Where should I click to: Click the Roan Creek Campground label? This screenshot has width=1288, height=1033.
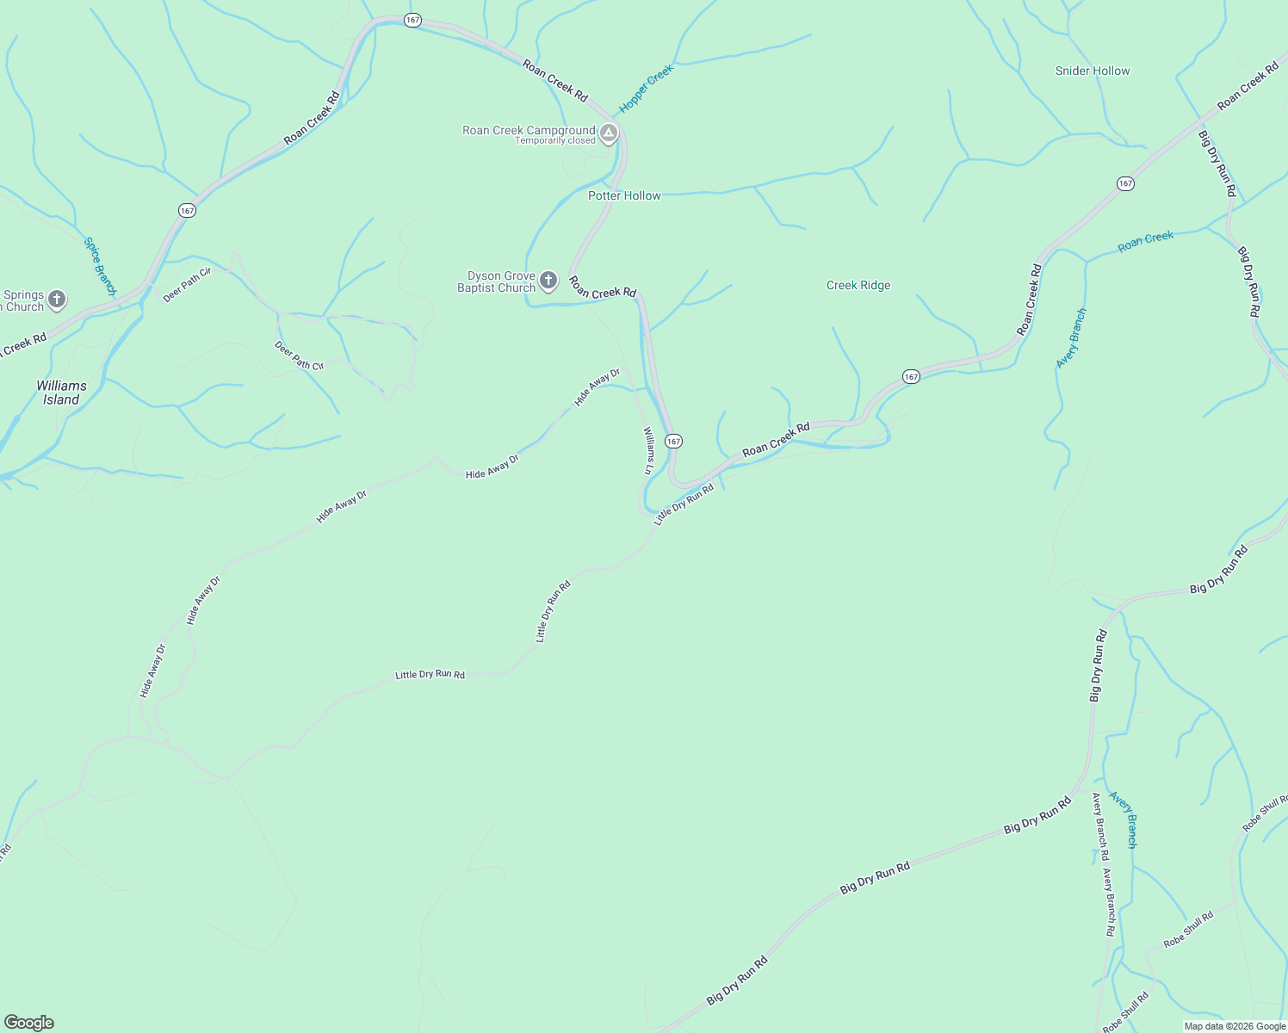tap(528, 131)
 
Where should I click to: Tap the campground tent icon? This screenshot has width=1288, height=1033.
tap(609, 133)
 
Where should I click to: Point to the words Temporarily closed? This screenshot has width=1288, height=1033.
tap(555, 141)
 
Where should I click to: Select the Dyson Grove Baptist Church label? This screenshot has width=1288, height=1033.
tap(496, 282)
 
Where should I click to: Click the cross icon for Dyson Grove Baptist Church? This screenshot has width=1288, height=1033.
tap(548, 281)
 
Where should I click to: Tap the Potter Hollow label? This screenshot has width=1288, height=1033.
tap(624, 196)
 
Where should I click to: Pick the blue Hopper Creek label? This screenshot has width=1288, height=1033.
tap(646, 90)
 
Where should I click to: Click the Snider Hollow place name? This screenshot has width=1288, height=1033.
tap(1093, 71)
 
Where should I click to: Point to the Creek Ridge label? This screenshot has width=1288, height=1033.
tap(858, 286)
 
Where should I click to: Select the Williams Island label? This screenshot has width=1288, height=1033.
tap(61, 393)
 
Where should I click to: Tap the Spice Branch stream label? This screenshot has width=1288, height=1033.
tap(99, 266)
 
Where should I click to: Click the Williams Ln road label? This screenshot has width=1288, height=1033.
tap(648, 450)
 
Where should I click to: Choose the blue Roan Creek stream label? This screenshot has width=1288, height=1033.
tap(1145, 242)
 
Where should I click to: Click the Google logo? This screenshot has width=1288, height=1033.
tap(28, 1023)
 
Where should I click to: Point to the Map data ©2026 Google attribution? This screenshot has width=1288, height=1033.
tap(1235, 1026)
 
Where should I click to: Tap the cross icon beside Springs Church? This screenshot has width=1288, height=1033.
tap(57, 300)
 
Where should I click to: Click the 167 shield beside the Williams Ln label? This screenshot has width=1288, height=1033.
tap(673, 441)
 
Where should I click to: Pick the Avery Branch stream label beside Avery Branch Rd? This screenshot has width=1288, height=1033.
tap(1124, 820)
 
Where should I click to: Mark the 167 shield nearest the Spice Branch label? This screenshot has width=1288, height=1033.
tap(187, 210)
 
